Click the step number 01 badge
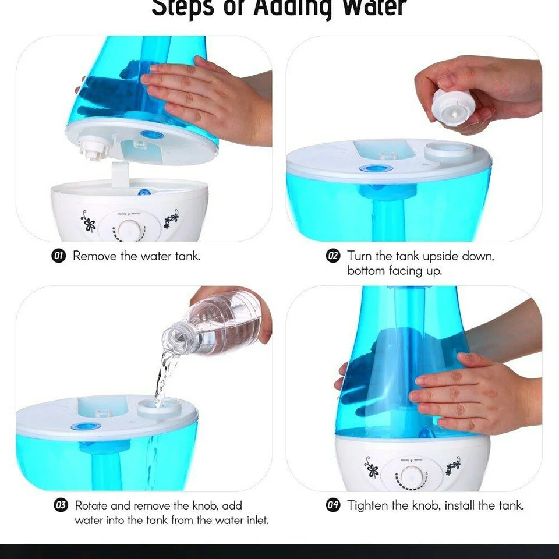click(x=59, y=256)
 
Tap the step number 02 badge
click(x=333, y=256)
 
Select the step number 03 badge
click(x=61, y=505)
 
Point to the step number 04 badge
click(x=333, y=505)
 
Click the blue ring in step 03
click(x=86, y=426)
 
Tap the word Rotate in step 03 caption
click(x=91, y=505)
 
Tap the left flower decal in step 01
click(x=88, y=221)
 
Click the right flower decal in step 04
click(x=453, y=466)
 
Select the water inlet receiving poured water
click(x=159, y=405)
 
